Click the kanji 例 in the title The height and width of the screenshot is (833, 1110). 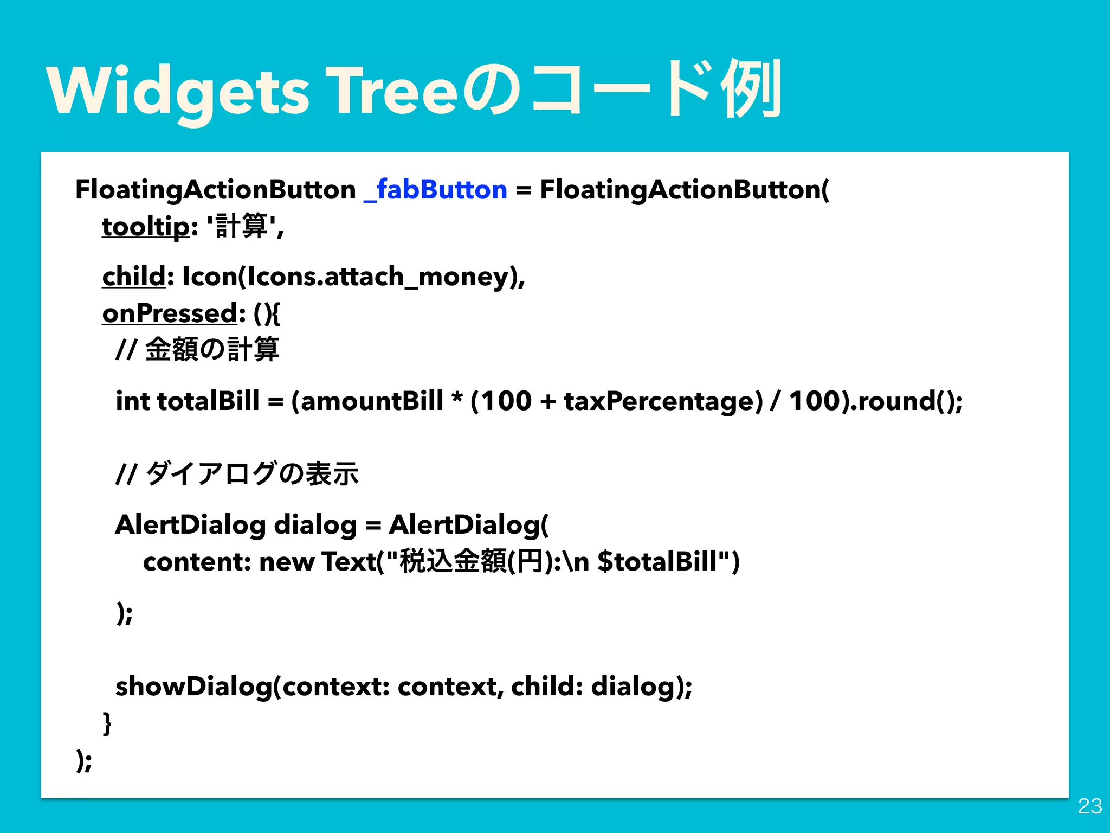point(751,89)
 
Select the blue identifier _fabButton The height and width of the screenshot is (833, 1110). point(435,190)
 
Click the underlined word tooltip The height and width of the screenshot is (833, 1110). point(146,226)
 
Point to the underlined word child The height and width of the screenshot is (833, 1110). point(134,276)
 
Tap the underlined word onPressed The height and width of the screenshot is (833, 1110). point(170,313)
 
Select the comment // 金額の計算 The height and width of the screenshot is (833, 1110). point(198,349)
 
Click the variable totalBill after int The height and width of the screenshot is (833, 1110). point(208,401)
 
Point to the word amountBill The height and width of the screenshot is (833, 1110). point(372,401)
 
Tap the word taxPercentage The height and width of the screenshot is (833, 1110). point(663,401)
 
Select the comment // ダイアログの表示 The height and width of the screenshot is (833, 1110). point(237,473)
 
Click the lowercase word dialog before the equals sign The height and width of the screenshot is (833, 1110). point(315,525)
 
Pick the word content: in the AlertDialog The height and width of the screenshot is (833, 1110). point(196,562)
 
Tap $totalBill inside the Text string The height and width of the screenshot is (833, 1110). point(657,562)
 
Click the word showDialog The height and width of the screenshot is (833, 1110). point(195,687)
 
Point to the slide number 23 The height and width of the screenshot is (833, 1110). point(1089,806)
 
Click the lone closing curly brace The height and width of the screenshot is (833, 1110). point(107,723)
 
